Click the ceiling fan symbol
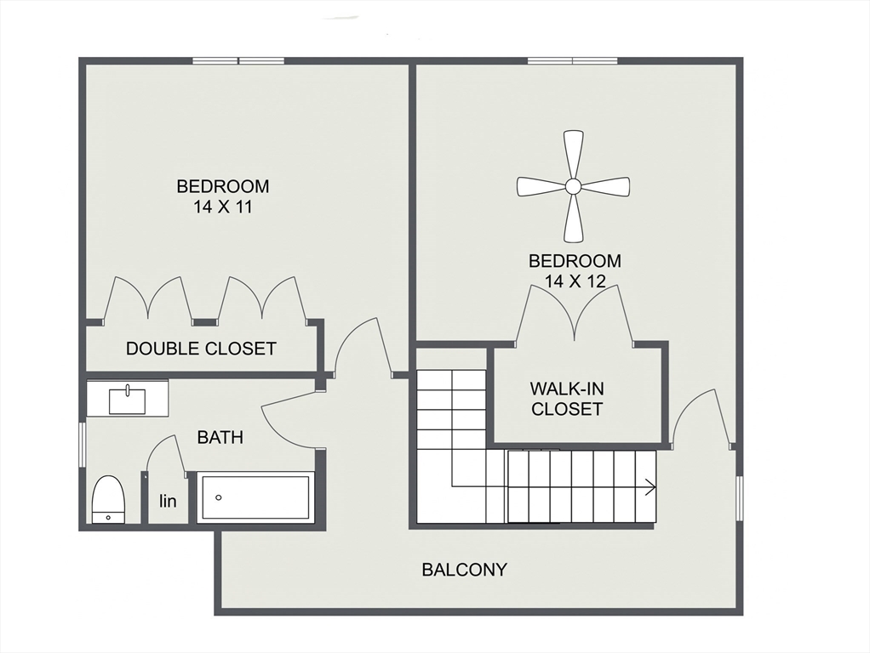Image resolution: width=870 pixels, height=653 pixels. (573, 185)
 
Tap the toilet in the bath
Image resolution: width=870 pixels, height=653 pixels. (108, 500)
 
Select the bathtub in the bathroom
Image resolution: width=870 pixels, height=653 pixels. (255, 498)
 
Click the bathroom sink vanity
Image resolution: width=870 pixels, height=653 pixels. (128, 398)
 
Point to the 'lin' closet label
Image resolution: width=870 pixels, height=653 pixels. (169, 502)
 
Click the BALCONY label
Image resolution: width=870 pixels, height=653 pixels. (464, 570)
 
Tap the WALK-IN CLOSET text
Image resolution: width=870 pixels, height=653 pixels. (566, 399)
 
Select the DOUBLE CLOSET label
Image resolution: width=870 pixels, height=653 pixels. (201, 349)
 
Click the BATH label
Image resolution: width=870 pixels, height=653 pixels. (220, 438)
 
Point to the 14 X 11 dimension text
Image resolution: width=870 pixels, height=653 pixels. (222, 206)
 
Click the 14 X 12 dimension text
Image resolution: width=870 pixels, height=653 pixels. (575, 281)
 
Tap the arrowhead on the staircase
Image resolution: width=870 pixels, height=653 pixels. (650, 487)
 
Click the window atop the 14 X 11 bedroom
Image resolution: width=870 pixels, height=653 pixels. (238, 60)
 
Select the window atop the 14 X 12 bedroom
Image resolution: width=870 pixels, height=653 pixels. (573, 60)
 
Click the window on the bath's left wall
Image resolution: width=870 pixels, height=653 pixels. (83, 444)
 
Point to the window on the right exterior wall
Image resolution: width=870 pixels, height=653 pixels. (739, 497)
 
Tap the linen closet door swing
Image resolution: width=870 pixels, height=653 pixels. (166, 455)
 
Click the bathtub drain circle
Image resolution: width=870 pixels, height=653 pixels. (218, 498)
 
